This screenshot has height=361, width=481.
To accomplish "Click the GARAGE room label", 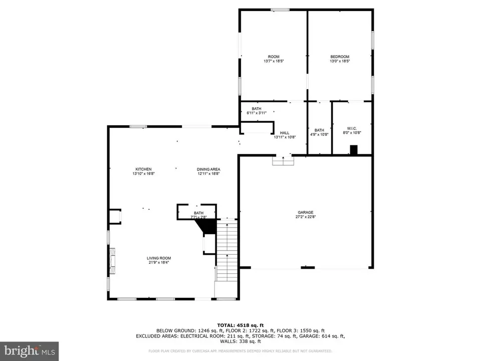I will coord(304,212).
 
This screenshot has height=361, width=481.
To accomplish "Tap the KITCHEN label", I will coord(143,169).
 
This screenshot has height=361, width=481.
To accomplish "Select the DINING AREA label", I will coord(208,169).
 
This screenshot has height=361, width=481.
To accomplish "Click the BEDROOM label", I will coord(339,57).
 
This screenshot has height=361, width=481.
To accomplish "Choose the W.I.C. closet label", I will coord(351,128).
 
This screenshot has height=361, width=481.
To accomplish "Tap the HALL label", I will coord(285,133).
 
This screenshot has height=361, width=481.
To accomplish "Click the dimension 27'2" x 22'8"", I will coord(304,217).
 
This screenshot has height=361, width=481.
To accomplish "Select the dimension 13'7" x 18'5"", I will coord(274,61).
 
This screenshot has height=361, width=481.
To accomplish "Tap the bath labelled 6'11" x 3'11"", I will coord(257,111).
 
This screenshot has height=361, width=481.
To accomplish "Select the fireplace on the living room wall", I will coord(113,260).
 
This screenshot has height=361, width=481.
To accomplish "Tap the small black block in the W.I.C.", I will coord(354,149).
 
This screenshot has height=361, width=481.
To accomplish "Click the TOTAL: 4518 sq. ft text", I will coord(240,325).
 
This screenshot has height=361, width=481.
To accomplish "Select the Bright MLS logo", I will coord(29,350).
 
